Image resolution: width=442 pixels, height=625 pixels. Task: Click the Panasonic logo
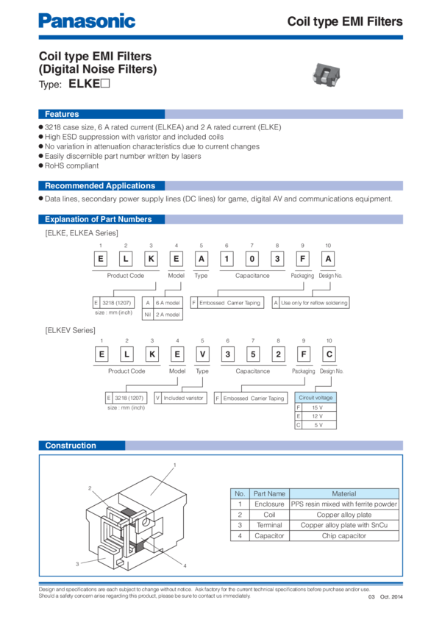(x=87, y=21)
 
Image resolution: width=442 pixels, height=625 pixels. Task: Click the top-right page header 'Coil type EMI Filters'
(x=344, y=22)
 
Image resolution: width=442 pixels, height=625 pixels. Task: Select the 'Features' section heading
(x=62, y=115)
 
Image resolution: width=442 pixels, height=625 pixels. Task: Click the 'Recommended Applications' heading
(x=100, y=186)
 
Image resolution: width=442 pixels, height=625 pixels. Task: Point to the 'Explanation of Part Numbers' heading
(x=98, y=219)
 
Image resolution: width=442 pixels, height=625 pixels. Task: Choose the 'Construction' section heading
(x=71, y=446)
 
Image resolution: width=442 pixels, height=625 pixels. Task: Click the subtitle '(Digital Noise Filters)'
(x=98, y=70)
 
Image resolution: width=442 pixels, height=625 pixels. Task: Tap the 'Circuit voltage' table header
(x=316, y=398)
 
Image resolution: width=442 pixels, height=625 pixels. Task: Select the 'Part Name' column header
(x=268, y=493)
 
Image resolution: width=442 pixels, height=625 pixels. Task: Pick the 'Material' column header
(x=343, y=493)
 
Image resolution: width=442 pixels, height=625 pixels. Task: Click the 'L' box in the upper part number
(x=126, y=258)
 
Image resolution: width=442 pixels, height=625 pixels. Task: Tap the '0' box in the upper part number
(x=252, y=258)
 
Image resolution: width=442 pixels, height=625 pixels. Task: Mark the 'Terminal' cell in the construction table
(x=268, y=526)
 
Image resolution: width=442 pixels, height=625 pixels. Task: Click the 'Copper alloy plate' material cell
(x=343, y=515)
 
